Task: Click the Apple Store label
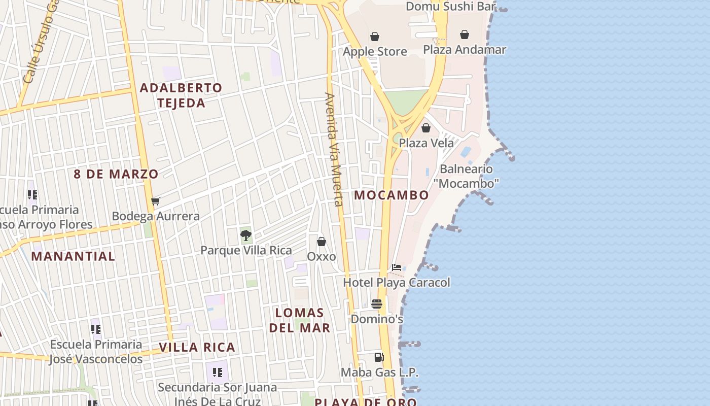click(x=375, y=51)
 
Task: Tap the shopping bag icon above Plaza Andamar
click(x=464, y=35)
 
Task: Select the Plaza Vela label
click(x=426, y=143)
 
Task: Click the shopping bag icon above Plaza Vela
click(x=426, y=128)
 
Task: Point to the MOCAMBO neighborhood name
click(x=392, y=195)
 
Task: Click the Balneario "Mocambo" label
click(x=466, y=176)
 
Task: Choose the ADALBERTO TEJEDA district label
click(x=181, y=95)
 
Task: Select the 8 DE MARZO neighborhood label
click(x=116, y=174)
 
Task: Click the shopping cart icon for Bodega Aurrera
click(x=155, y=201)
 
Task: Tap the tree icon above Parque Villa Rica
click(x=246, y=235)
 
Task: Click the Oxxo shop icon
click(x=322, y=242)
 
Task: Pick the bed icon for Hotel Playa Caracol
click(x=397, y=267)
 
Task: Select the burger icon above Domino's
click(x=377, y=304)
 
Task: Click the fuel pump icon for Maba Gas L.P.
click(x=379, y=357)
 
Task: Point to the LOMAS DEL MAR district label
click(x=299, y=320)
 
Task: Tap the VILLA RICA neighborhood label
click(x=197, y=348)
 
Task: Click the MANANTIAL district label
click(x=73, y=256)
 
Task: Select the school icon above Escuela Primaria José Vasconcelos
click(x=96, y=330)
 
